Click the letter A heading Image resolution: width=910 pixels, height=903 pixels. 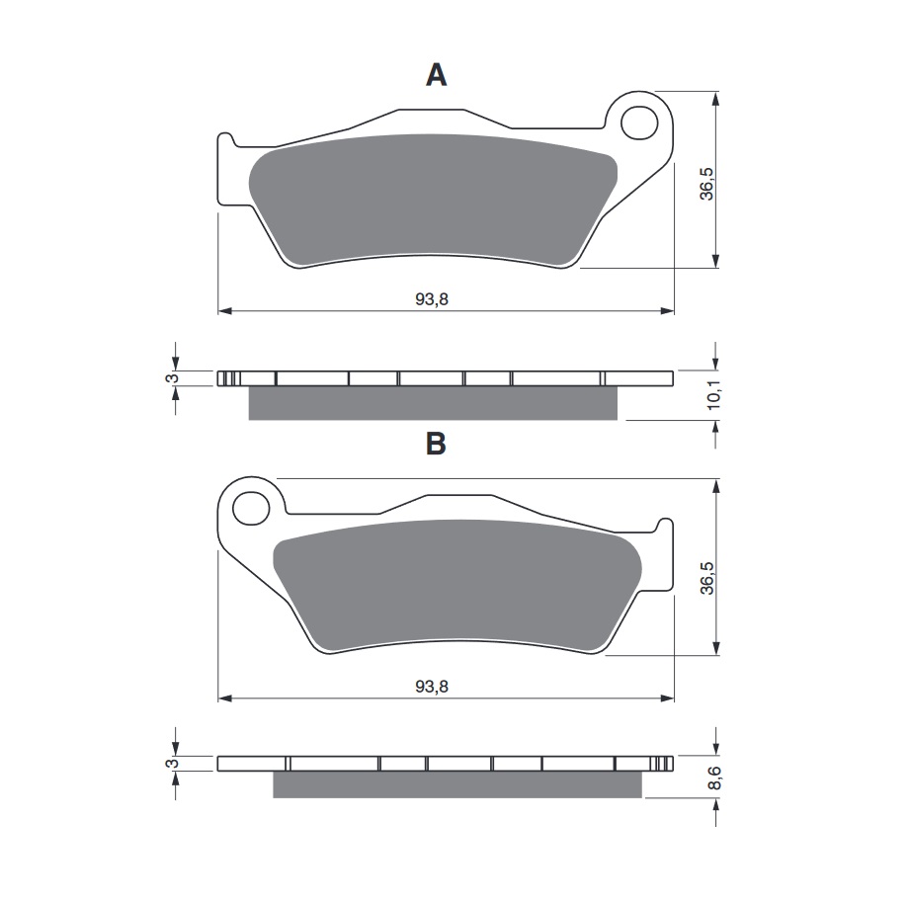click(x=436, y=75)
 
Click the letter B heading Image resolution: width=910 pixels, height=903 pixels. click(x=436, y=444)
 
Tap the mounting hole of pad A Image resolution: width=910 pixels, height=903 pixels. click(x=639, y=123)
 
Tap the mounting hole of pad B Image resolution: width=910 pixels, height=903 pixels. click(x=251, y=509)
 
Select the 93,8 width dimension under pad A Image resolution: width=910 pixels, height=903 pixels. click(x=432, y=299)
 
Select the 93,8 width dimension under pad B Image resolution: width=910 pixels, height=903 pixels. click(x=432, y=687)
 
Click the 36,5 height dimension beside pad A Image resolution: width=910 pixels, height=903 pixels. click(x=706, y=184)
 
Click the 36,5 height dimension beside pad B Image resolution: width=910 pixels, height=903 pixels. click(x=706, y=578)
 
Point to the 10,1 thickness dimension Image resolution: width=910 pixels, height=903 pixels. click(x=713, y=394)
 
